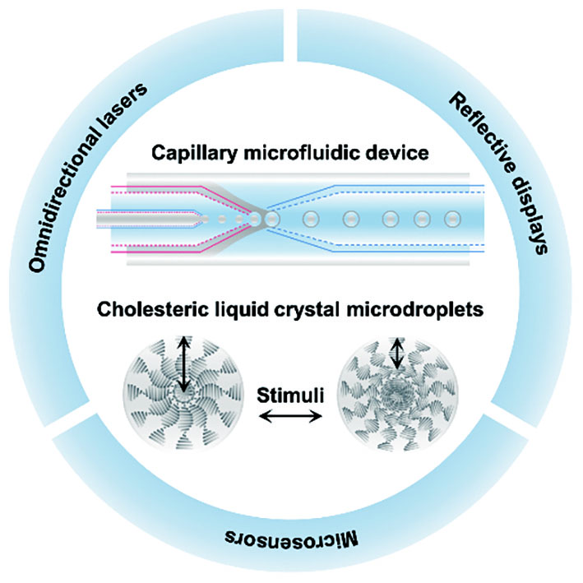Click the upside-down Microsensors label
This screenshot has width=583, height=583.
coord(293,539)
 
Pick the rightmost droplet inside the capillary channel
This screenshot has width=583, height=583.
coord(451,220)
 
